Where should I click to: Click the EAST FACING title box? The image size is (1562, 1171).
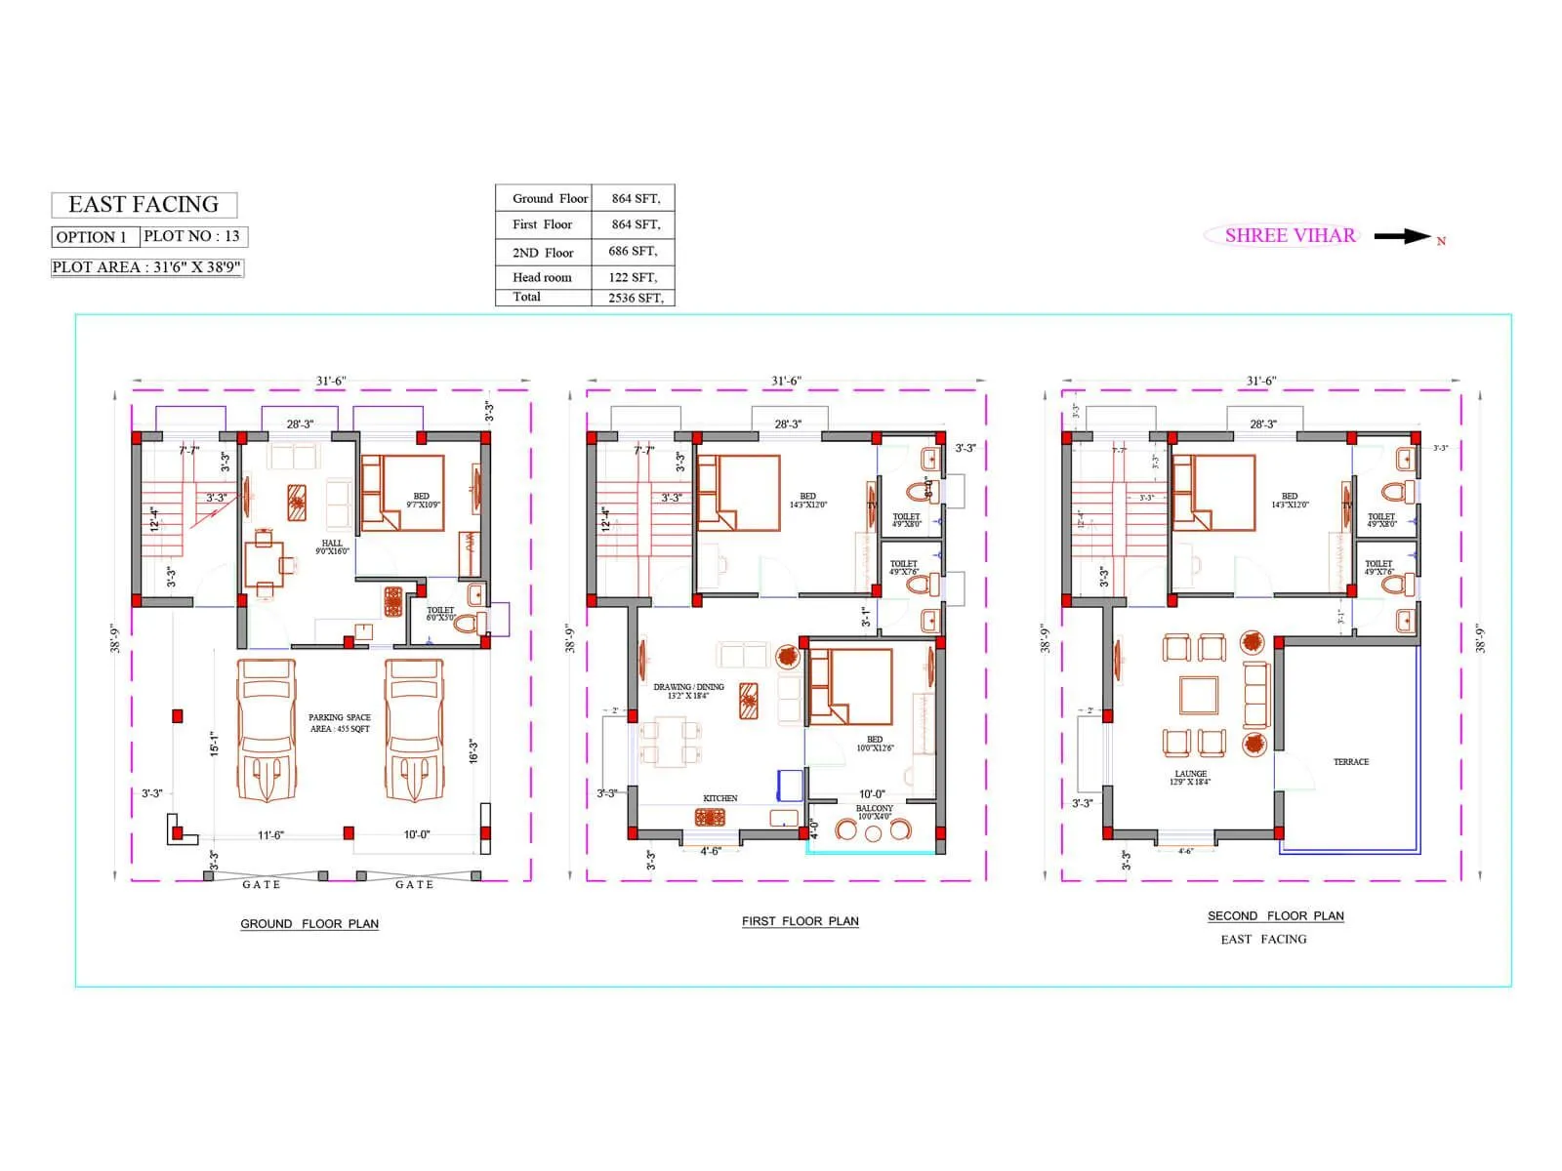[144, 205]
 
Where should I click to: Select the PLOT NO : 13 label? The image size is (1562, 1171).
[192, 236]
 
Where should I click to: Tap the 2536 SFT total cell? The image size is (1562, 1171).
[635, 298]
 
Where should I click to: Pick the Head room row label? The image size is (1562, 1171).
[542, 277]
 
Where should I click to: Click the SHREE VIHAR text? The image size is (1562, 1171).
[1290, 235]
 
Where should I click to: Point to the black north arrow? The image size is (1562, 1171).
[1402, 236]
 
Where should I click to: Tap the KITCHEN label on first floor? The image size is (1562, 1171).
[720, 798]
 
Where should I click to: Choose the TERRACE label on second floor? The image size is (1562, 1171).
[1351, 762]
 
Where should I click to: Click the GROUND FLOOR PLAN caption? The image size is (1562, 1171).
[309, 923]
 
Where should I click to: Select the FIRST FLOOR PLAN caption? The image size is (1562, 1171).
[800, 921]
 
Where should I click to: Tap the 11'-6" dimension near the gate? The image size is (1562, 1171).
[270, 835]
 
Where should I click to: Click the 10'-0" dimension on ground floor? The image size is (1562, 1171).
[417, 835]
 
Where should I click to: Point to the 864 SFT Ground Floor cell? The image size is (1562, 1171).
[635, 198]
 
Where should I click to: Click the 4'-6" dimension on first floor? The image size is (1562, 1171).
[710, 851]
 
